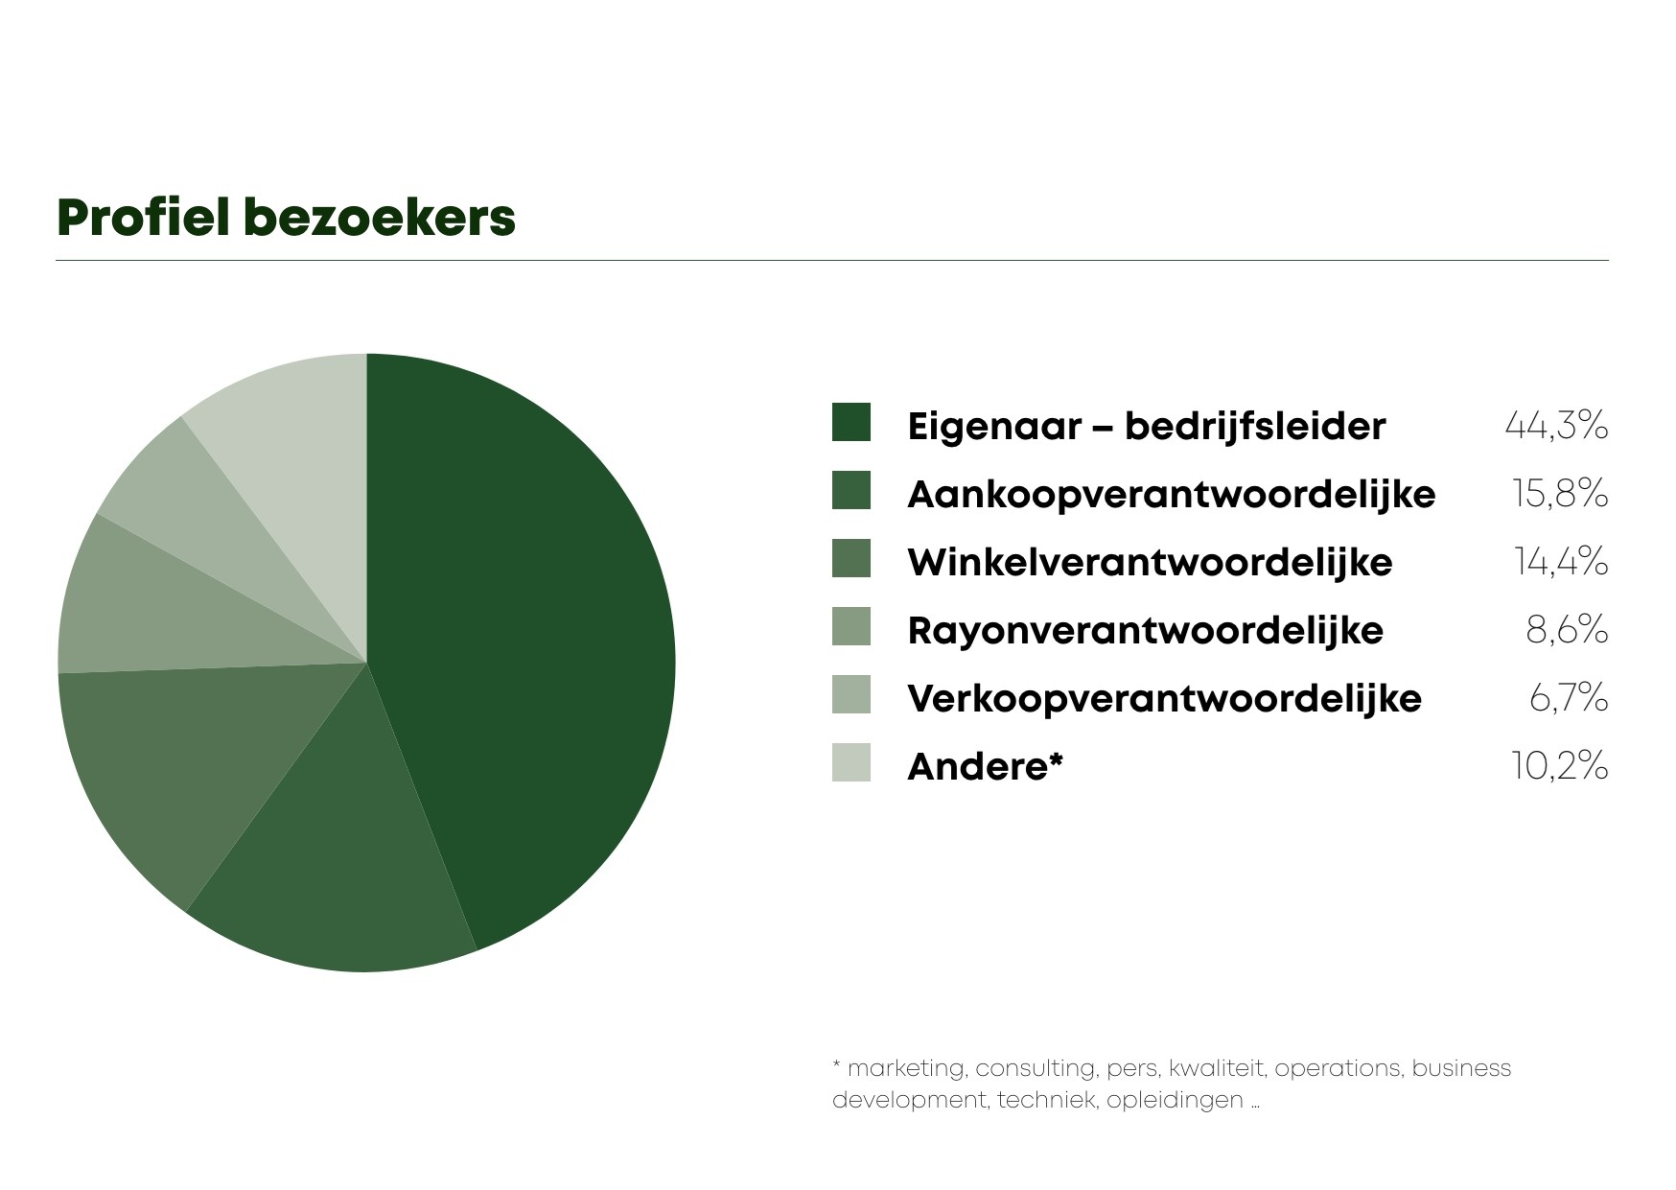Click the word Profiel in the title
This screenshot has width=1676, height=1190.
point(144,217)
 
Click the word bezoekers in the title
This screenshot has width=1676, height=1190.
point(380,217)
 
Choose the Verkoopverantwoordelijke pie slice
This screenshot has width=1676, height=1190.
point(221,518)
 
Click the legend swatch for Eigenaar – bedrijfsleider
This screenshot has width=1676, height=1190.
point(851,423)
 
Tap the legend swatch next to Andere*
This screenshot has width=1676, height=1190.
point(851,762)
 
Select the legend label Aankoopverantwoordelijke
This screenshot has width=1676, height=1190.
point(1171,495)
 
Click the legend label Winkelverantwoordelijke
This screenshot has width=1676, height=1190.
point(1150,562)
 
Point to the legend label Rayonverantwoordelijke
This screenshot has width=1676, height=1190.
point(1145,631)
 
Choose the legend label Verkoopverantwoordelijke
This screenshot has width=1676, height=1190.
point(1164,698)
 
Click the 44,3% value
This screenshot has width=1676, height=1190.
point(1556,425)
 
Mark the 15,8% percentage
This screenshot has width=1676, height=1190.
point(1560,494)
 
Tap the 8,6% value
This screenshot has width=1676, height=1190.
point(1567,630)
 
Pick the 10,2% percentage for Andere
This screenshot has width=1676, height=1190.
point(1560,766)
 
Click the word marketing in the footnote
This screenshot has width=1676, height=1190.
point(907,1069)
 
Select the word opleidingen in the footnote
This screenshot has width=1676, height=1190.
point(1175,1101)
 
